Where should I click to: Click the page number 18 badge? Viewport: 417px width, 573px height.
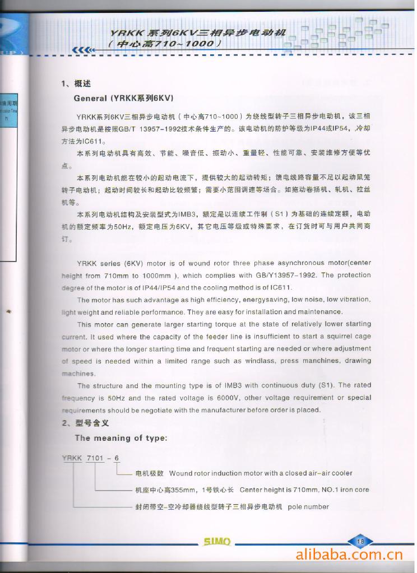tap(360, 541)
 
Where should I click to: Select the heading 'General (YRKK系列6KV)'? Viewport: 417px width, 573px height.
tap(123, 98)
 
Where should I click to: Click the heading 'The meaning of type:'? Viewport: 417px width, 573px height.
tap(121, 438)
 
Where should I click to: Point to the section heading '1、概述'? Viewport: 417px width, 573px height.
tap(76, 84)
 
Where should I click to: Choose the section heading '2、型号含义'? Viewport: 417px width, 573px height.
tap(85, 423)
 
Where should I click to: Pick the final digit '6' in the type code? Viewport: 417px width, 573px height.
tap(117, 458)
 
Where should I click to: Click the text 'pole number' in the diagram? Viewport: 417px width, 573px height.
tap(308, 507)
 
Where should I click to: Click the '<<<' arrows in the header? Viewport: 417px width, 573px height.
tap(80, 49)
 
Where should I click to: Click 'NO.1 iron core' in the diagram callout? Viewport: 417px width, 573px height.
tap(345, 490)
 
